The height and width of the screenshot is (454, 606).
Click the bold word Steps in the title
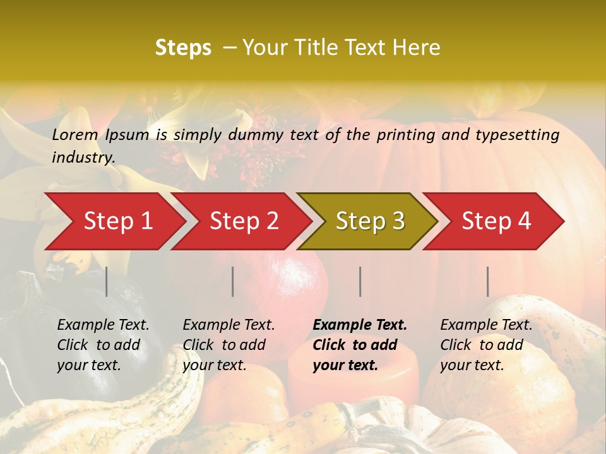point(183,48)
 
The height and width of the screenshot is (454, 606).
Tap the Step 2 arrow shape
point(244,221)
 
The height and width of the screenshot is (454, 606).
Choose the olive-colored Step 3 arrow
point(370,221)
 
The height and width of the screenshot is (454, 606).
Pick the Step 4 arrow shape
point(496,221)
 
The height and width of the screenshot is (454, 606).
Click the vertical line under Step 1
point(107,281)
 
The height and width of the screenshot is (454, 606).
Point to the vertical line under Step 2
point(233,281)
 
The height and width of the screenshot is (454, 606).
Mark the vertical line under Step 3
point(360,281)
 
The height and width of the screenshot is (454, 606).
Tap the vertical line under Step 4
point(488,281)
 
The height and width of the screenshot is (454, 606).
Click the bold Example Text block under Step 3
point(360,345)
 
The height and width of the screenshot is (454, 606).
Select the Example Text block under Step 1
point(103,345)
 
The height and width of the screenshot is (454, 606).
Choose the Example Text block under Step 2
point(229,345)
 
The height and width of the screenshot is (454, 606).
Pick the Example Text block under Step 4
point(486,345)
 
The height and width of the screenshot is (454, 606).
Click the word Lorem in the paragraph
point(75,134)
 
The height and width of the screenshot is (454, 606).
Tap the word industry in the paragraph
point(83,158)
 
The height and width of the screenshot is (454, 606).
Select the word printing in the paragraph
point(407,135)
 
